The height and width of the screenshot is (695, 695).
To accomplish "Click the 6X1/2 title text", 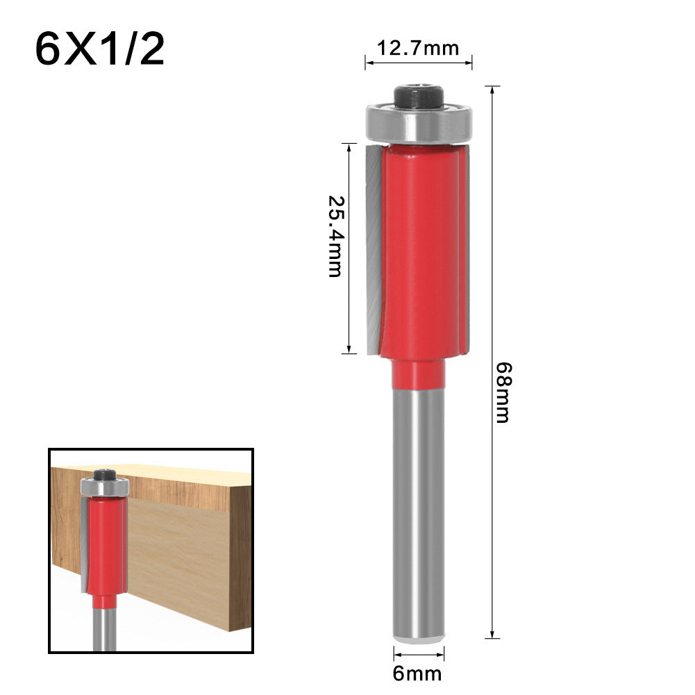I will tap(100, 50).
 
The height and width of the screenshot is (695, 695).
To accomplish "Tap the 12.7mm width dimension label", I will tap(418, 49).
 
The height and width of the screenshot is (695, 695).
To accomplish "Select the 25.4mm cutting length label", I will tap(335, 235).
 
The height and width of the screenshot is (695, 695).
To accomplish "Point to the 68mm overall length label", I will tap(501, 392).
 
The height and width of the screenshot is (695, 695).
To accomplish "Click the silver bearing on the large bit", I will tap(418, 124).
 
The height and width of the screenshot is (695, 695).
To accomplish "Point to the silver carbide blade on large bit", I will tap(371, 243).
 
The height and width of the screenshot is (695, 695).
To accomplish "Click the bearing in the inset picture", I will tap(104, 487).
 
